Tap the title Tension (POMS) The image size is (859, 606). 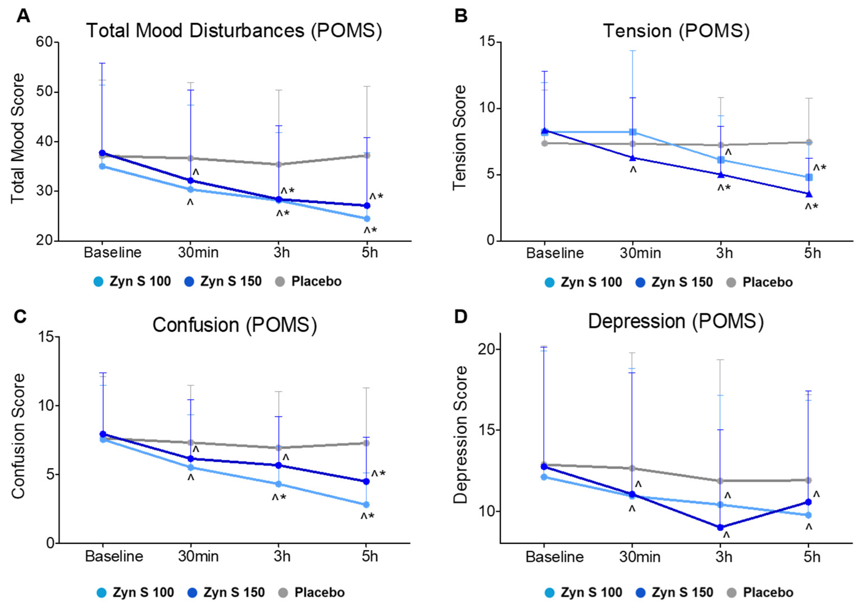point(676,31)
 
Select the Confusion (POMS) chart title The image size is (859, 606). point(235,325)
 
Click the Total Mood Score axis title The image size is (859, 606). point(17,139)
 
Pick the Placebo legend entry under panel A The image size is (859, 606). point(316,281)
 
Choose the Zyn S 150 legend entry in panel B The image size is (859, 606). point(682,282)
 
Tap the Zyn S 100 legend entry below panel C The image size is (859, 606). point(143,592)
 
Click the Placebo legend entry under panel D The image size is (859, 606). point(768,592)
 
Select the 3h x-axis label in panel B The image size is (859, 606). point(724,253)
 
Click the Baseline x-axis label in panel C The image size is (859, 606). point(114,556)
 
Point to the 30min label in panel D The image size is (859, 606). point(639,557)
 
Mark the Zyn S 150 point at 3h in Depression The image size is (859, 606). point(720,527)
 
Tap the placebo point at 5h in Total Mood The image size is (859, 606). point(367,155)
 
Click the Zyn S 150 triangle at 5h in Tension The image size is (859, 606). point(809,194)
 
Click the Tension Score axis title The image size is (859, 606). point(459,138)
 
